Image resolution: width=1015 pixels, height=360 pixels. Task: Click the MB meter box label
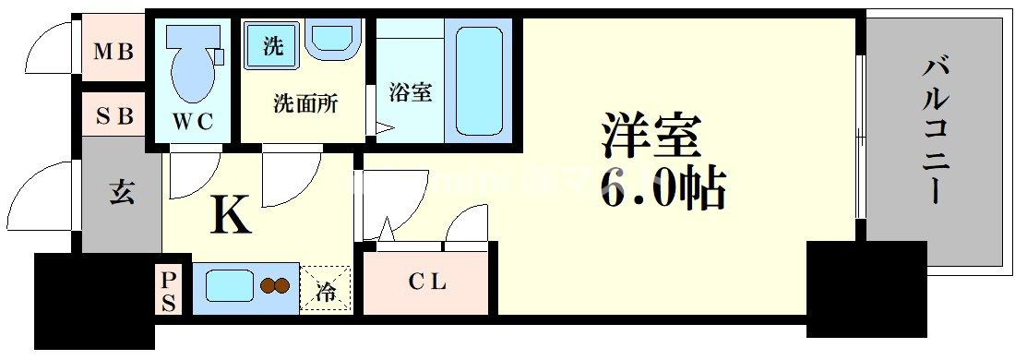click(x=115, y=51)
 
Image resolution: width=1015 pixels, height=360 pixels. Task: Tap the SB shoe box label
click(x=115, y=115)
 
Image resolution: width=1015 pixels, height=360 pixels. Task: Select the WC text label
click(x=193, y=120)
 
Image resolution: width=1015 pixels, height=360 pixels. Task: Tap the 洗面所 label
click(x=304, y=102)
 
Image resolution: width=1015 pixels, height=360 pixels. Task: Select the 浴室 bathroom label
click(x=410, y=92)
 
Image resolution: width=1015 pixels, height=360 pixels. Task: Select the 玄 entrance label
click(x=122, y=194)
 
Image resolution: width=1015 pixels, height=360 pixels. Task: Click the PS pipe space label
click(x=169, y=289)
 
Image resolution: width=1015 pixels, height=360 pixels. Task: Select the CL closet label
click(x=427, y=282)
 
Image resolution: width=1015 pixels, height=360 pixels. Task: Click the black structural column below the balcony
click(x=866, y=286)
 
